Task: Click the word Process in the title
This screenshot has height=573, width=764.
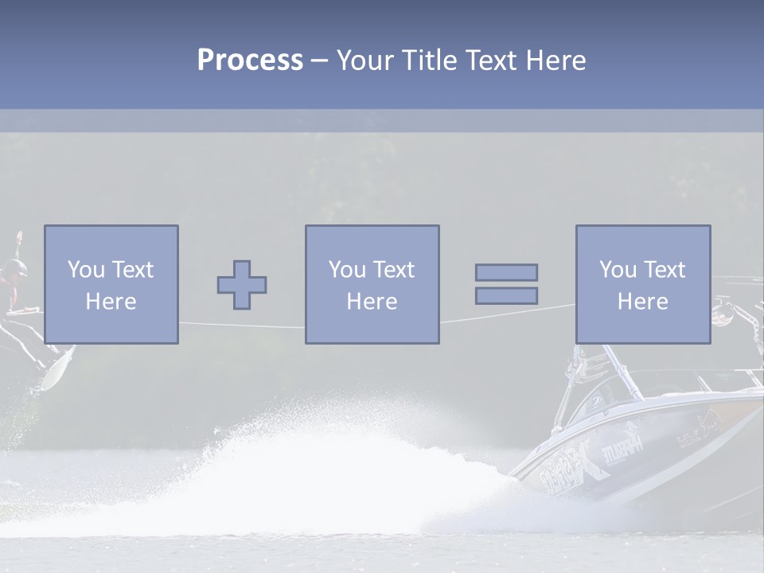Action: [x=250, y=60]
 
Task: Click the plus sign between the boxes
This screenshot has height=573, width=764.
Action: [x=242, y=285]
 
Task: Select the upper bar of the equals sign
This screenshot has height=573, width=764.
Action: [x=506, y=272]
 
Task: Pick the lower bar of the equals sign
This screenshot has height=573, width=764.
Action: [x=506, y=296]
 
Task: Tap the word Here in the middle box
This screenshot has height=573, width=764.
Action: [x=372, y=302]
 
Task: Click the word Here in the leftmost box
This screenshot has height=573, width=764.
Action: [x=111, y=302]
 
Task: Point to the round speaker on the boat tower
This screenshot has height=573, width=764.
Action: [x=723, y=315]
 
